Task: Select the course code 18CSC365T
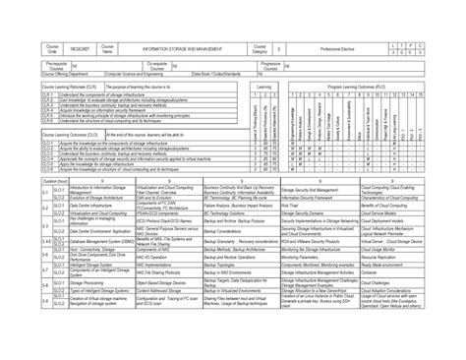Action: point(80,48)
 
